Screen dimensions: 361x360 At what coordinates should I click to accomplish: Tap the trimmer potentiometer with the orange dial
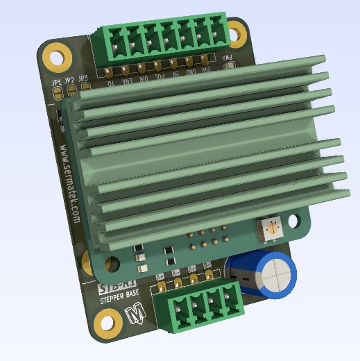point(273,227)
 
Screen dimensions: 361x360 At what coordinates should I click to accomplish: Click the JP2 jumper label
point(70,81)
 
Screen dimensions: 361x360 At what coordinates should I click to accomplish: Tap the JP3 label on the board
point(83,78)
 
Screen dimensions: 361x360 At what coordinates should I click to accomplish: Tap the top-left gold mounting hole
point(55,53)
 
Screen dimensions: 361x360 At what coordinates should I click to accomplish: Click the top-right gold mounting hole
point(237,31)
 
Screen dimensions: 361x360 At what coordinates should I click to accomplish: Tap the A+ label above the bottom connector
point(160,276)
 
